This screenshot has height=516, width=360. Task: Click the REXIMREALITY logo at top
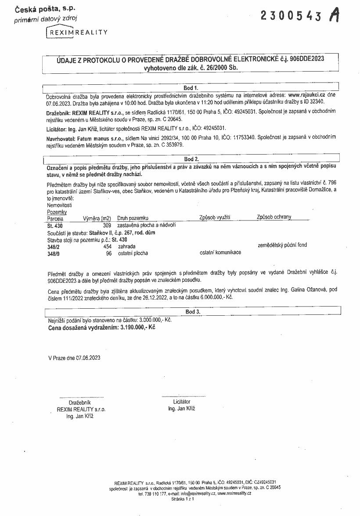77,32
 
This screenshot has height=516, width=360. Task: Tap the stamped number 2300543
291,16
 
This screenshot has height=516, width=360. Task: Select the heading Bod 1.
191,87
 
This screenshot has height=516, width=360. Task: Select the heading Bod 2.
191,159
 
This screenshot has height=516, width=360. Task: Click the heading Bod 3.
193,311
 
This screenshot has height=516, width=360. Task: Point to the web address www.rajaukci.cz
306,94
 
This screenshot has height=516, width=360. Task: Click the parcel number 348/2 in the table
53,247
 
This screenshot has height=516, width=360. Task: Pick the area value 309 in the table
107,225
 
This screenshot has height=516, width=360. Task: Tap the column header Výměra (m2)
97,218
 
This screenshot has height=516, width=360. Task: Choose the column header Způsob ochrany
274,217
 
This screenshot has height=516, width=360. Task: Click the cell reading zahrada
126,247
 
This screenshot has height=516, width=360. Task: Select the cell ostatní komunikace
220,253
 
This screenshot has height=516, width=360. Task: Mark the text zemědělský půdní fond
282,245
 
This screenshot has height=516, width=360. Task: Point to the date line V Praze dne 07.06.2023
74,358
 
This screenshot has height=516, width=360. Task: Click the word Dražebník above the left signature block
79,402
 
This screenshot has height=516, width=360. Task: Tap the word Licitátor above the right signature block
182,401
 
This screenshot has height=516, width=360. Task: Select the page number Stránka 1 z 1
183,499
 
